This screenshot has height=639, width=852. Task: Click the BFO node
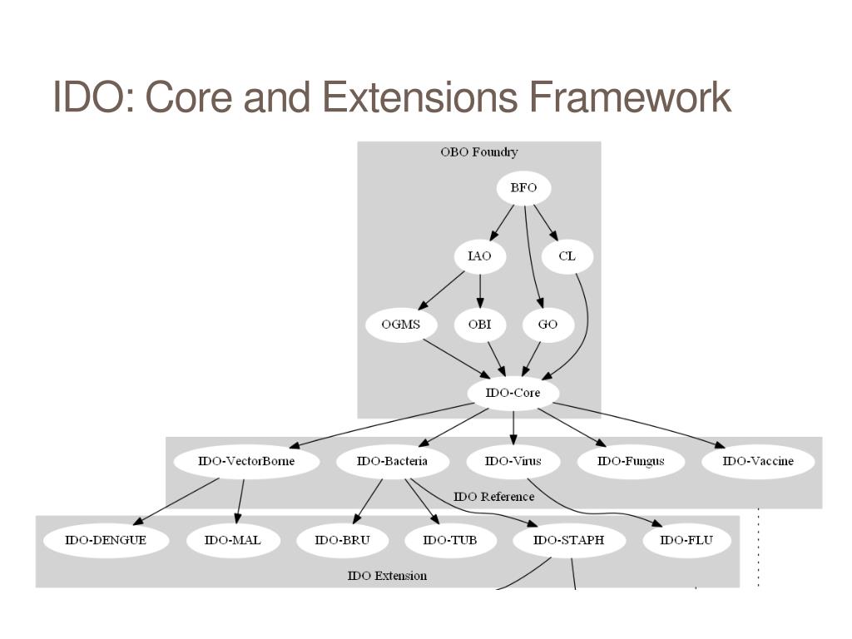click(523, 188)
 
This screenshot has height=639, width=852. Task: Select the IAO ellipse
click(479, 256)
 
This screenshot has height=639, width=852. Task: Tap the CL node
click(567, 256)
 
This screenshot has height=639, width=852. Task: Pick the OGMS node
click(400, 324)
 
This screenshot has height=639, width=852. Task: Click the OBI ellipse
click(479, 324)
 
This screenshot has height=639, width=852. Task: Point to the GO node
click(547, 324)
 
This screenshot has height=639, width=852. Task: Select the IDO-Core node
click(513, 393)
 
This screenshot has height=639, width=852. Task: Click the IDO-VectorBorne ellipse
click(246, 461)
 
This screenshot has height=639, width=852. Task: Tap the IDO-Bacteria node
click(392, 461)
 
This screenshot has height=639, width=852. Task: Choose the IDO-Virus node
click(513, 461)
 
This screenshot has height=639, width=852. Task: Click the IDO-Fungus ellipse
click(631, 461)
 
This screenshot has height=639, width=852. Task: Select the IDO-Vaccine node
click(757, 461)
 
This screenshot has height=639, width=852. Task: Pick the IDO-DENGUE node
click(106, 540)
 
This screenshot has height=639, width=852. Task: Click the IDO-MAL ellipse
click(234, 540)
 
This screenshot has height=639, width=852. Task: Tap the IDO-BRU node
click(341, 540)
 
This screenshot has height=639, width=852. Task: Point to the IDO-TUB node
click(449, 540)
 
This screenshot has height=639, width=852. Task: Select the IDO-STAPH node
click(568, 540)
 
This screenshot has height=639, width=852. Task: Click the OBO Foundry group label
click(478, 152)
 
